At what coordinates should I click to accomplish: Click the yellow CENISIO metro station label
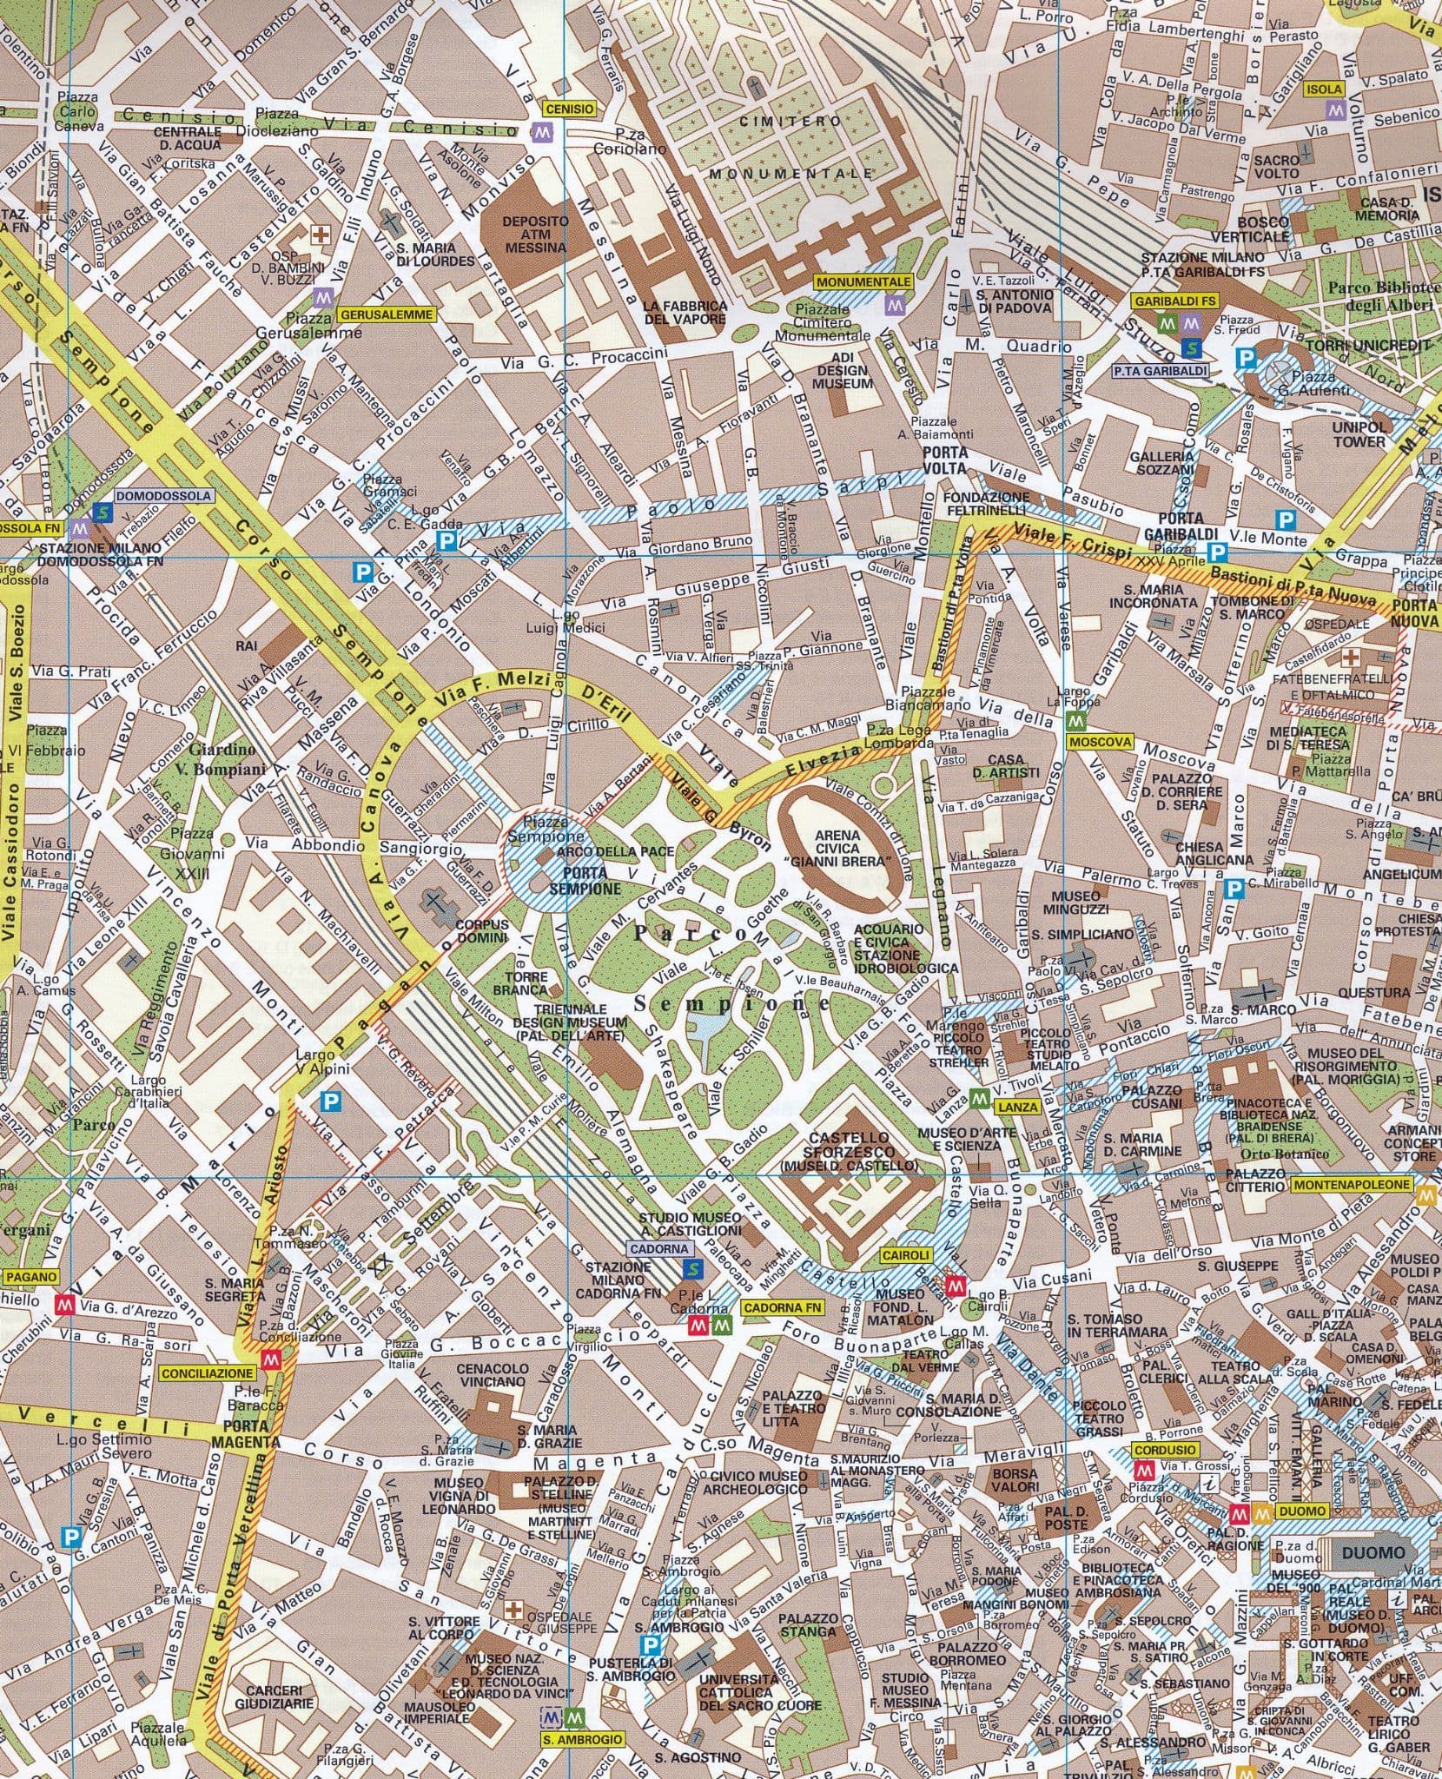[x=570, y=109]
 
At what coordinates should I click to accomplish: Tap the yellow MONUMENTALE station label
[x=863, y=282]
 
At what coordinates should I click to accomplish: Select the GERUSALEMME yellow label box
[x=385, y=315]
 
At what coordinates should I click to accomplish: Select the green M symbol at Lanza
[x=979, y=1100]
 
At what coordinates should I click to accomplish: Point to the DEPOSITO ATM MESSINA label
[x=535, y=235]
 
